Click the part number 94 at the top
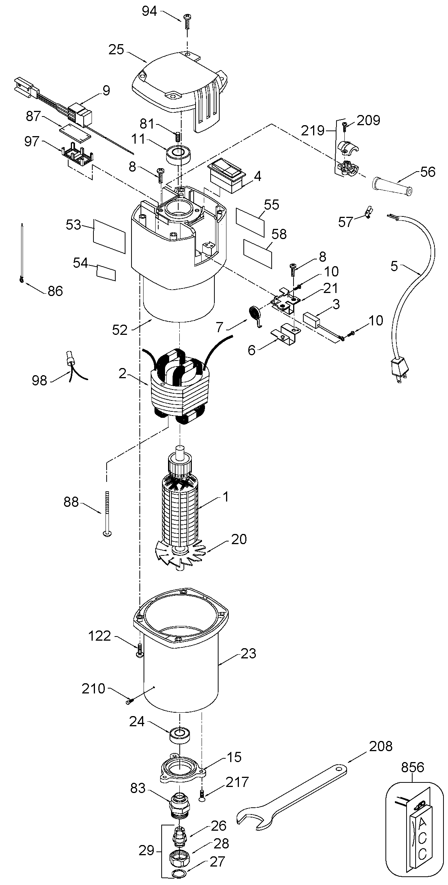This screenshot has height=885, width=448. tap(149, 11)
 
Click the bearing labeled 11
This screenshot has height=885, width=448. tap(179, 155)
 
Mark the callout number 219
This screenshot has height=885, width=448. tap(313, 130)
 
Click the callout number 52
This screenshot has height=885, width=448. tap(120, 330)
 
